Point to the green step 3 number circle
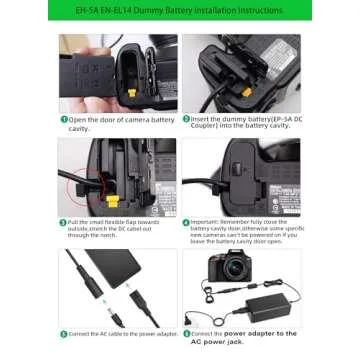[62, 221]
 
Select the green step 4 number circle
[185, 221]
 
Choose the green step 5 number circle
[62, 333]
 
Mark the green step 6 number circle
[185, 333]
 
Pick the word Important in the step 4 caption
[207, 221]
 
